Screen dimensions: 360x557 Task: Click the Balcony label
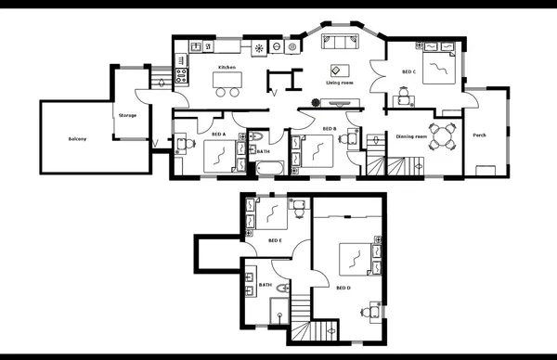[x=77, y=139]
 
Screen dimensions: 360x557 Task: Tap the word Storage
[x=128, y=115]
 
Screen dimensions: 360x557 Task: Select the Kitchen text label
[x=227, y=68]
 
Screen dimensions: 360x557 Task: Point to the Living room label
[x=340, y=83]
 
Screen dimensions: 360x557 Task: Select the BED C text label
[x=408, y=71]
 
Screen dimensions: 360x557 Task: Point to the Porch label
[x=479, y=135]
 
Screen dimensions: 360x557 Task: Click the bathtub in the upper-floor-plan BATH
[x=270, y=167]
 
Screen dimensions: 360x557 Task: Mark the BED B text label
[x=329, y=129]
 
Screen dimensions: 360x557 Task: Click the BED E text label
[x=275, y=240]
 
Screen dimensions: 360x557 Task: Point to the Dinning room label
[x=411, y=136]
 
